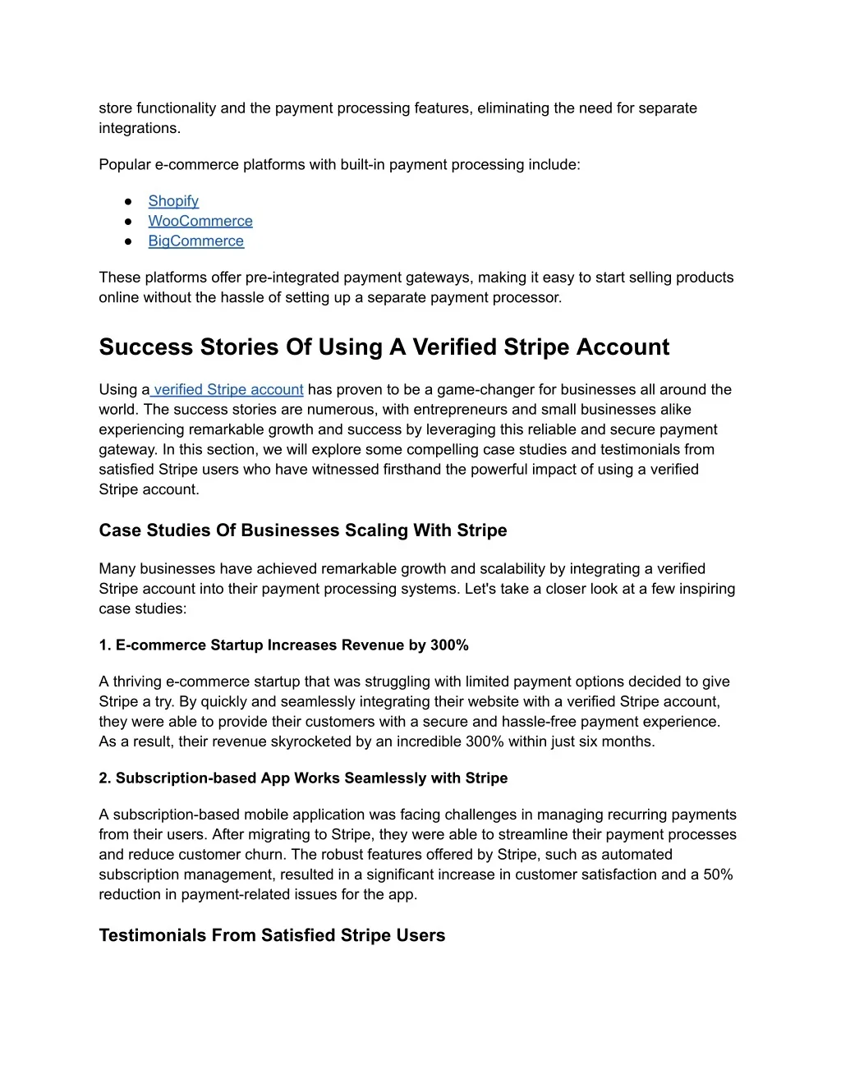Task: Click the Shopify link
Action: point(173,201)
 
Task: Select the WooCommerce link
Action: point(200,221)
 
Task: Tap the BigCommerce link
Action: point(195,241)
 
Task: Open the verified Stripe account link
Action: point(228,389)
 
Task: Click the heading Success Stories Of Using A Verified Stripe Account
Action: point(384,347)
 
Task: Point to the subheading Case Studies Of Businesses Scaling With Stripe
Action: point(302,530)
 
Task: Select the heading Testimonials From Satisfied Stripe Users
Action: point(272,935)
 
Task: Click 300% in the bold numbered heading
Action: point(449,645)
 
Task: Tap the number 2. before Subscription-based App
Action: point(105,778)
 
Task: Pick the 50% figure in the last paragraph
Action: point(717,875)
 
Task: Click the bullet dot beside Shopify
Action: point(129,201)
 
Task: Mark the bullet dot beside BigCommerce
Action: point(129,241)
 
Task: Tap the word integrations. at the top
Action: point(140,128)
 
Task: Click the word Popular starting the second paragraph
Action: point(125,164)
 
